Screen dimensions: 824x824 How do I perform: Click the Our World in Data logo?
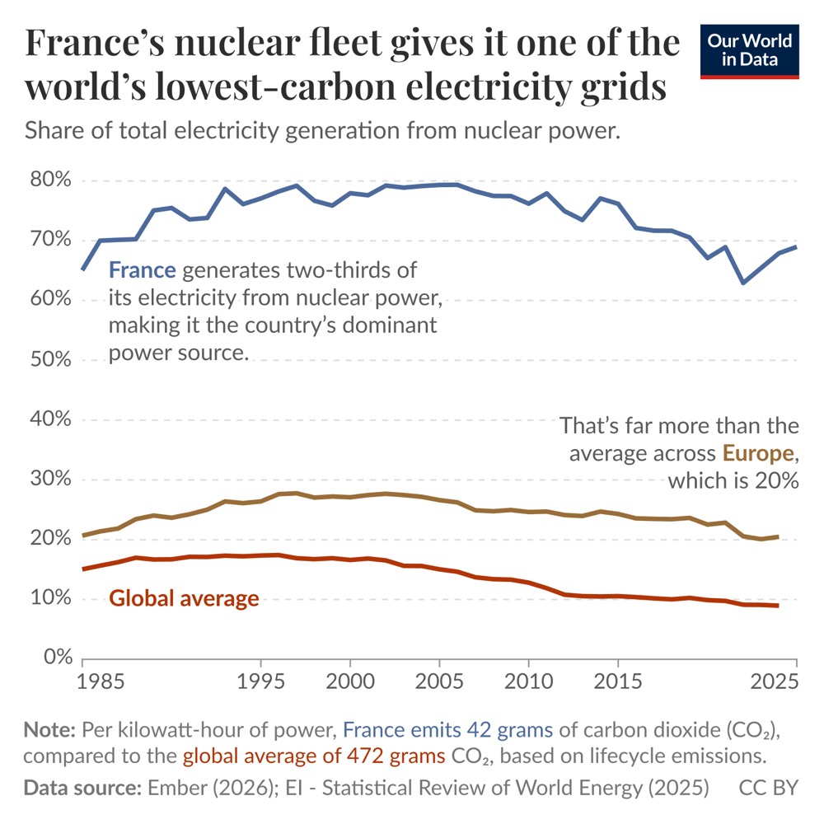tap(749, 52)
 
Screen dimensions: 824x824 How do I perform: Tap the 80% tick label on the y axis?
tap(51, 180)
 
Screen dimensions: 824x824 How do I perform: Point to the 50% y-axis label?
tap(51, 360)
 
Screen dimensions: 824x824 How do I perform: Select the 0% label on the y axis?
tap(56, 658)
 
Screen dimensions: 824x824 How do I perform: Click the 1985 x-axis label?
tap(82, 682)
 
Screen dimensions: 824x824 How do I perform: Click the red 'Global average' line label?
tap(184, 598)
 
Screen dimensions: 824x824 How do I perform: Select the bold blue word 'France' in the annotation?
tap(142, 270)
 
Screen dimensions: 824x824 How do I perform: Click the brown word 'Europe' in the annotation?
tap(759, 453)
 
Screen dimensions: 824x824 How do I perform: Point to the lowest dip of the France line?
tap(743, 283)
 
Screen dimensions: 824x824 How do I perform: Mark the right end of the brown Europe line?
tap(777, 537)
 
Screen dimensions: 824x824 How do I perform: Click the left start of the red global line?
tap(83, 569)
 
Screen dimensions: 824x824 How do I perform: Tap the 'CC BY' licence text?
tap(767, 788)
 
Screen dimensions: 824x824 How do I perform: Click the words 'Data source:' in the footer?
tap(81, 788)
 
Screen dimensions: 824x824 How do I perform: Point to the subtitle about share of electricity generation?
tap(322, 131)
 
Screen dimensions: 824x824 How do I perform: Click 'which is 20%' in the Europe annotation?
tap(733, 480)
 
